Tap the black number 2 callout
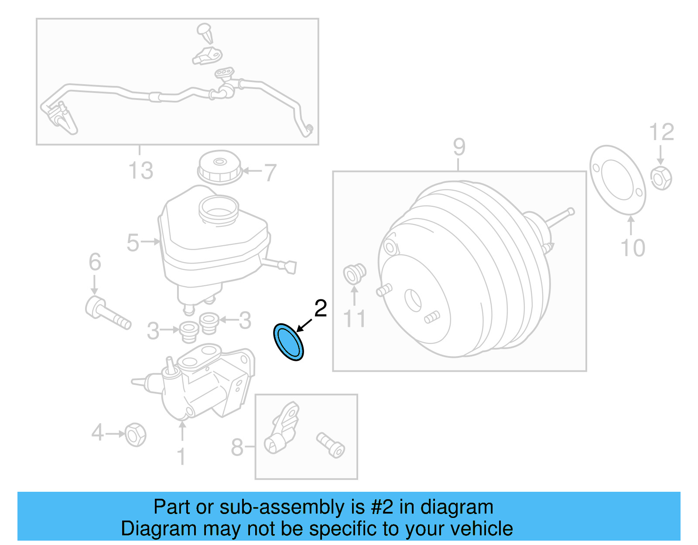[321, 309]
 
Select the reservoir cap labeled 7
[219, 168]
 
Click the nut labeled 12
[661, 178]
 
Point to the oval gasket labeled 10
[617, 180]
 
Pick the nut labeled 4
[135, 435]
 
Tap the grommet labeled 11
[354, 274]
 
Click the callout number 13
[141, 171]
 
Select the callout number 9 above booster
[459, 147]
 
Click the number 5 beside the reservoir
[133, 243]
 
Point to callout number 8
[237, 447]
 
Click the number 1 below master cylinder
[181, 456]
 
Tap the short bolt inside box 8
[331, 445]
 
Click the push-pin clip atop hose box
[205, 33]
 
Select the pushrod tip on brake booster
[571, 212]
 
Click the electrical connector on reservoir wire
[290, 267]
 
